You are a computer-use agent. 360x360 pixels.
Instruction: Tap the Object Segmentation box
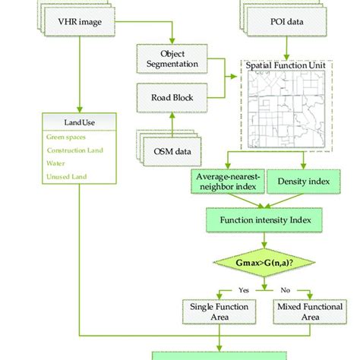click(172, 58)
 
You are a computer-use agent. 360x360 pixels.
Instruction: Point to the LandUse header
click(80, 122)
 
